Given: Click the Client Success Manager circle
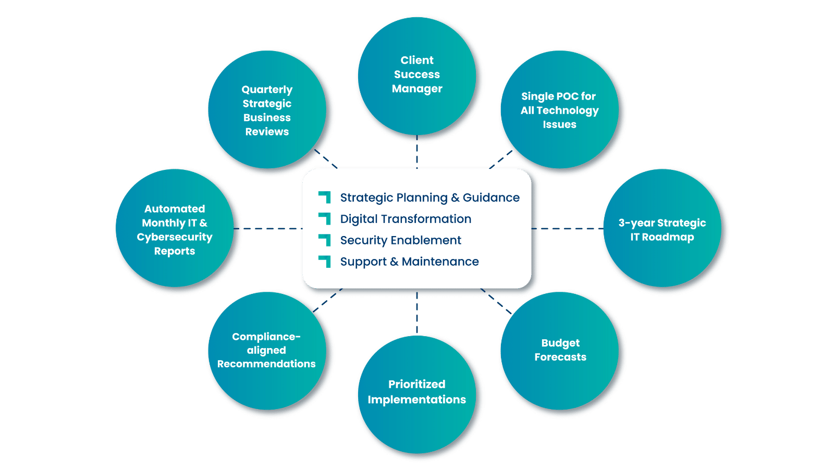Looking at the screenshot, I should pos(416,76).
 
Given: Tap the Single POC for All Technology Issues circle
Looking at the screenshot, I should pos(559,109).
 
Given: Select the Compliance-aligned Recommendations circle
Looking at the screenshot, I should pos(267,350).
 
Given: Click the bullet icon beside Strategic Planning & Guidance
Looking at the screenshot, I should pos(325,197).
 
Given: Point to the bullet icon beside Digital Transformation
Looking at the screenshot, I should pos(325,218).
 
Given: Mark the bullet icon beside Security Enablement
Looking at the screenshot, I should pos(325,240).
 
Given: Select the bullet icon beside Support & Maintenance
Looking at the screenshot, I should pos(325,261).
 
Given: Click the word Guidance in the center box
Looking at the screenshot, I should pos(491,198).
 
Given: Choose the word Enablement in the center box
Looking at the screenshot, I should pos(433,240).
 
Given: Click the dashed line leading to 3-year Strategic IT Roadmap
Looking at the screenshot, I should pos(567,228).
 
